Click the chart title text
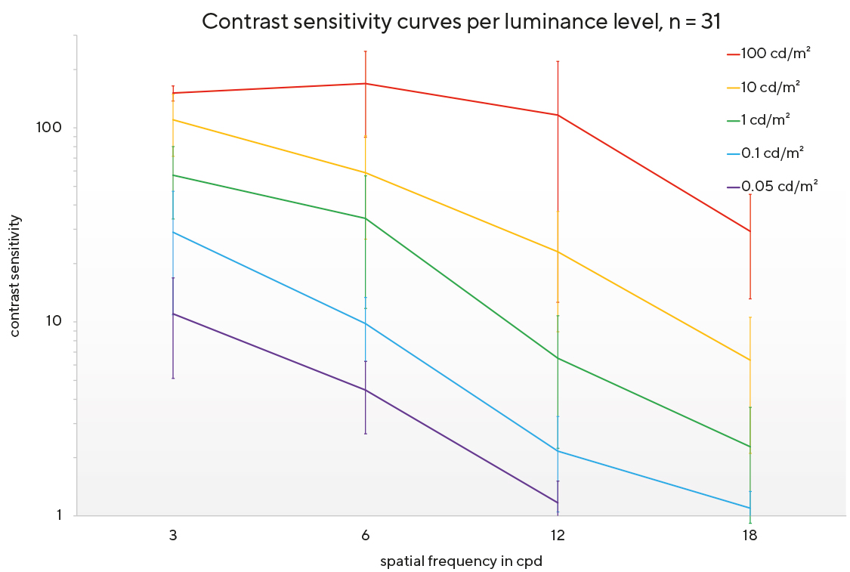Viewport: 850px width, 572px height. coord(461,22)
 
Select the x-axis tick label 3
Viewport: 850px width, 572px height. coord(173,535)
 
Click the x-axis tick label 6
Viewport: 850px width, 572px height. coord(366,535)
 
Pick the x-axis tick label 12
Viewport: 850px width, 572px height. coord(558,535)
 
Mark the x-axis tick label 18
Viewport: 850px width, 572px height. coord(750,535)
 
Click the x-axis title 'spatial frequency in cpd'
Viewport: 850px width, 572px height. coord(461,561)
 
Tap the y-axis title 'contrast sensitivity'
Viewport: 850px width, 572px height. coord(15,276)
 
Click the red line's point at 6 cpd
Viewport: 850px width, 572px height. coord(366,84)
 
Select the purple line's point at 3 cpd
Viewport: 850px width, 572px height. coord(173,314)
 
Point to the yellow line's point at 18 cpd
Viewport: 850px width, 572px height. coord(750,360)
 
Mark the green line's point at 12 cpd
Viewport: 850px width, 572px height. coord(558,357)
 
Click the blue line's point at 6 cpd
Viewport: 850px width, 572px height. coord(366,323)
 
